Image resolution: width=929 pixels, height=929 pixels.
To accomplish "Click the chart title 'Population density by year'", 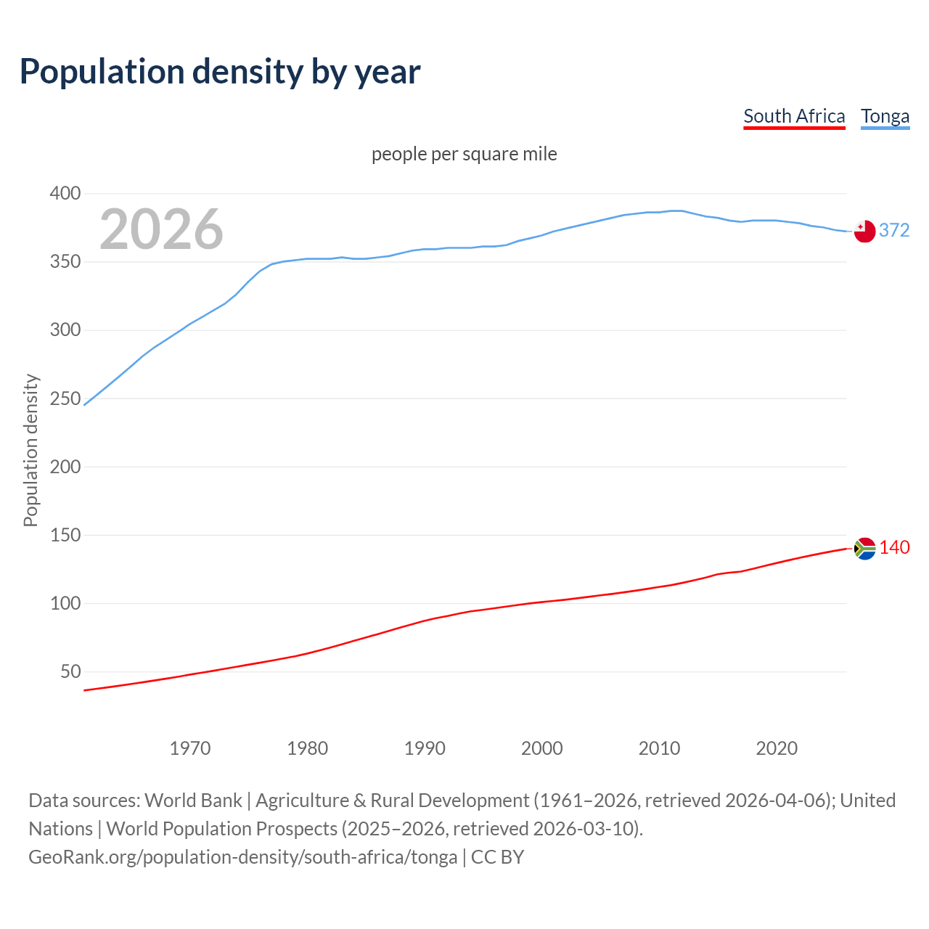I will (x=220, y=71).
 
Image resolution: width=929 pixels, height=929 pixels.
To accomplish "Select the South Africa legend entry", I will (x=794, y=116).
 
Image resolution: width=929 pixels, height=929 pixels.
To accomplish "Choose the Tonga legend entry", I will (x=885, y=116).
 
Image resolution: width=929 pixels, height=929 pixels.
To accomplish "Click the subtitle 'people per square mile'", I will (x=464, y=154).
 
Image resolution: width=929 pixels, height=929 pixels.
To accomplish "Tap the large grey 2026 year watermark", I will (x=161, y=229).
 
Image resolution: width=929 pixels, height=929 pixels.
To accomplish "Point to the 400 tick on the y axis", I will (x=65, y=193).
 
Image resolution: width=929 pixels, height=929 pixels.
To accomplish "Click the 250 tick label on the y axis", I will (x=65, y=398).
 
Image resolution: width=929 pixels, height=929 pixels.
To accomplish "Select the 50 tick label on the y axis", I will (x=70, y=671).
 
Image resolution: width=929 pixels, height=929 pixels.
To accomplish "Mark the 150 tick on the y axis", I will (x=65, y=535).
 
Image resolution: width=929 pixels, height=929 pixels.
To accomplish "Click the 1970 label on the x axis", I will (x=190, y=748).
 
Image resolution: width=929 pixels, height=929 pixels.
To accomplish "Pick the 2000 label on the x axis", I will (x=542, y=748).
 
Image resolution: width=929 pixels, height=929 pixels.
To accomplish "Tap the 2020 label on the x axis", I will (x=777, y=748).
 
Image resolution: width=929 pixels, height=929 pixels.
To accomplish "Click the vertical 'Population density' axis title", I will (x=30, y=450).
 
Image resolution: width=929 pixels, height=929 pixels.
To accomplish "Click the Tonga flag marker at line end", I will (x=864, y=232).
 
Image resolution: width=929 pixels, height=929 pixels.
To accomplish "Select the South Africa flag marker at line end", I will (x=864, y=549).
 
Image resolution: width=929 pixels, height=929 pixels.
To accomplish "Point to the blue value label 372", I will (x=894, y=230).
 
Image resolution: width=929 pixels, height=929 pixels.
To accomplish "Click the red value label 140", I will (x=894, y=547).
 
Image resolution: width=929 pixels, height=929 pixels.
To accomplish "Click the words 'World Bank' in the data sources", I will (x=193, y=800).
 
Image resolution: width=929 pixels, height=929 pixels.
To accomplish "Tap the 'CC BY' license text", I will (x=497, y=856).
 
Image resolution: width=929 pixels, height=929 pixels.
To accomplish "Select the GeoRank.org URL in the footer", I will (x=243, y=856).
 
